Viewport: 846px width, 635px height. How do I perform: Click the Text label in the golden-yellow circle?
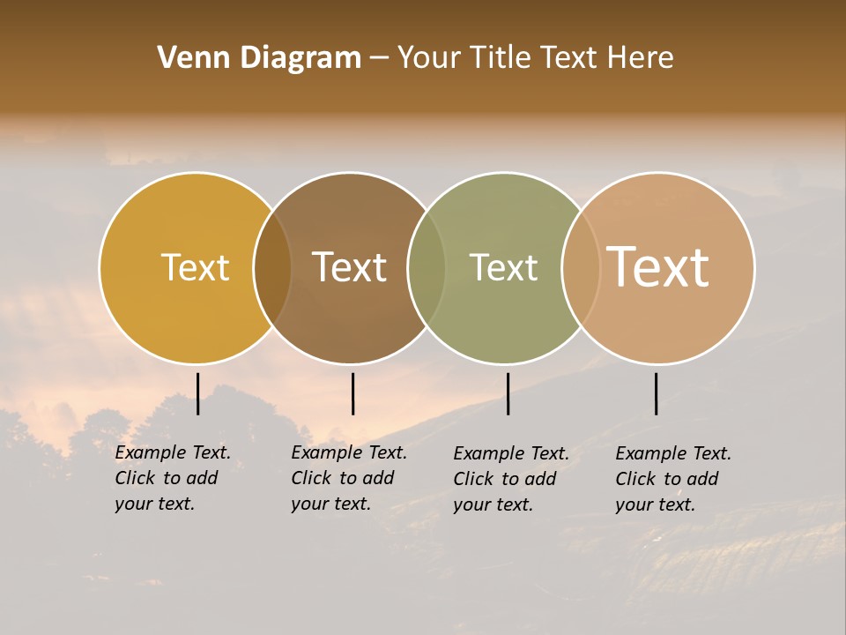[x=195, y=267]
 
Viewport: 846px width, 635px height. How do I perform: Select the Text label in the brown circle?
[x=349, y=267]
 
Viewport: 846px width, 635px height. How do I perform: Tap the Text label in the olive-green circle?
[x=503, y=267]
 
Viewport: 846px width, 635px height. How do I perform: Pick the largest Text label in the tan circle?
[x=657, y=266]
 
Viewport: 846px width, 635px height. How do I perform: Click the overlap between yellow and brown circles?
[x=272, y=268]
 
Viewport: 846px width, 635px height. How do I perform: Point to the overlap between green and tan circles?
[x=581, y=268]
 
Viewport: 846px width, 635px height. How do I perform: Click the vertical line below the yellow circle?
[x=198, y=393]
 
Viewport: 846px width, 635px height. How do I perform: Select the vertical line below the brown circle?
[x=352, y=393]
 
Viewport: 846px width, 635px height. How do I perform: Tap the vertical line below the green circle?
[x=508, y=393]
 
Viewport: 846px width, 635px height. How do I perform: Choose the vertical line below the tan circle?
[x=657, y=393]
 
